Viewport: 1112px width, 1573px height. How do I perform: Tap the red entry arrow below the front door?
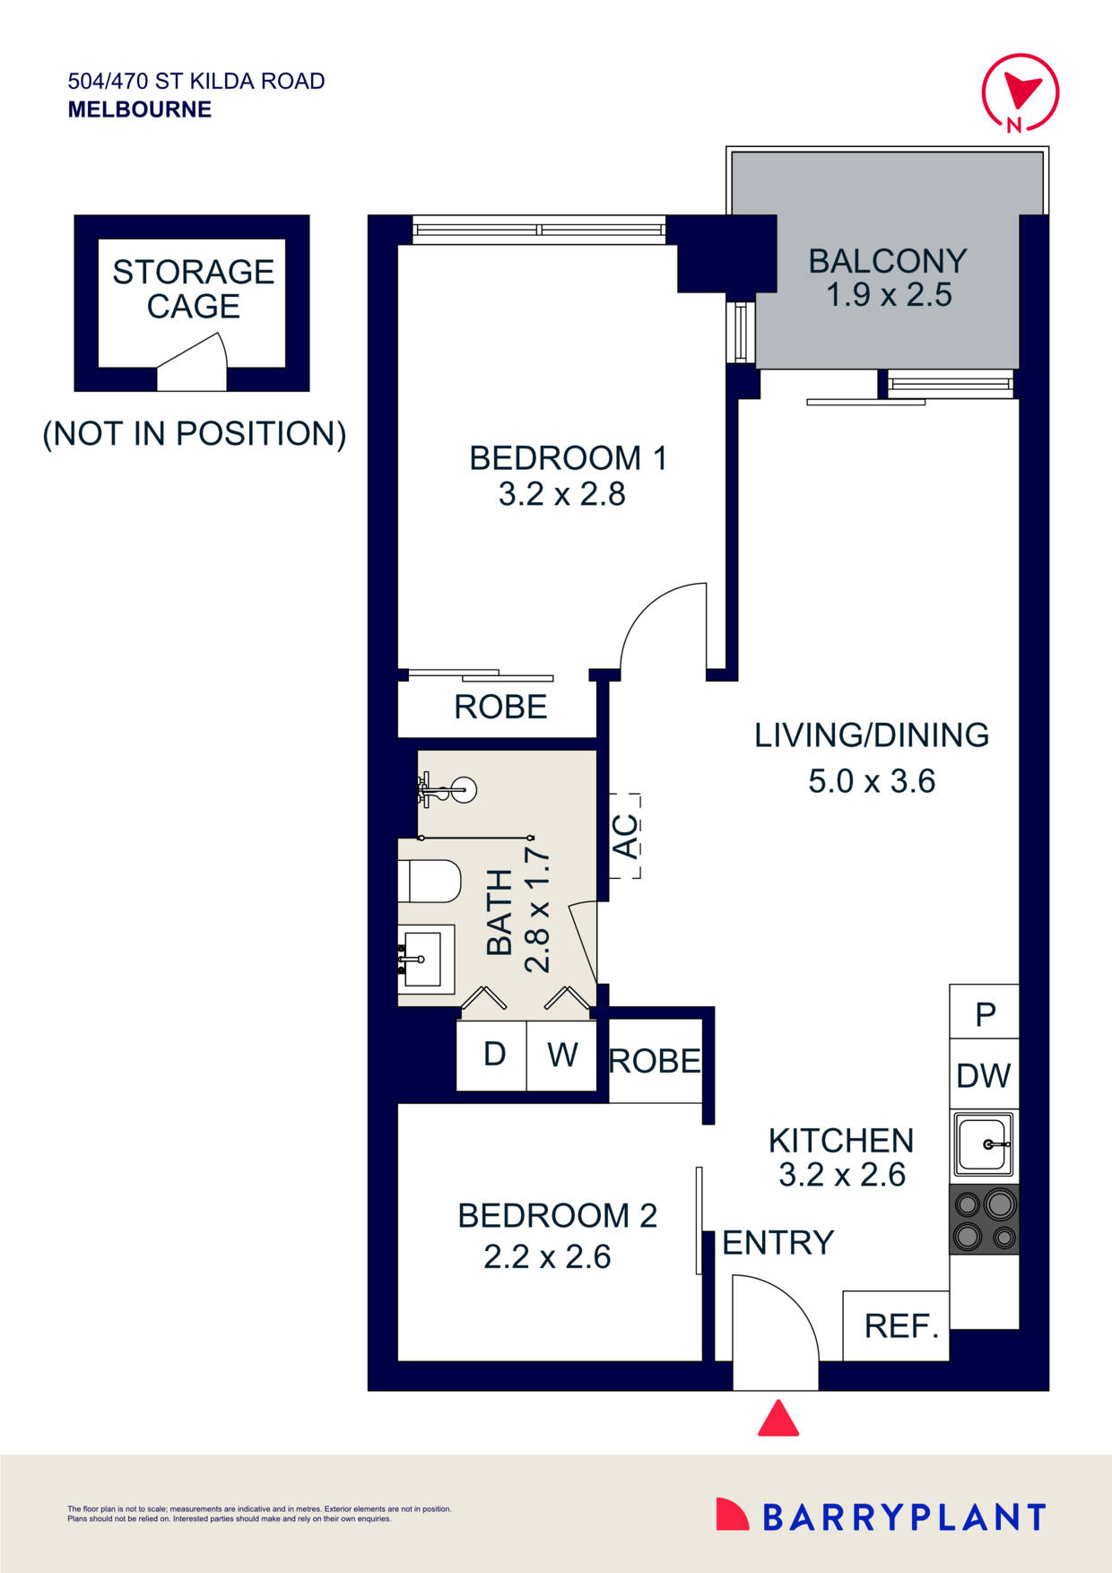pyautogui.click(x=778, y=1420)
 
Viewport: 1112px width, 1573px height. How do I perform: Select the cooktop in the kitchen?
pyautogui.click(x=984, y=1219)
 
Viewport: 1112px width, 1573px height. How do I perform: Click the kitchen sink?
pyautogui.click(x=983, y=1144)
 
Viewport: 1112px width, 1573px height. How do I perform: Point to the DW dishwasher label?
pyautogui.click(x=983, y=1075)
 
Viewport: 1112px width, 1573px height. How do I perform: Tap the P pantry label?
pyautogui.click(x=985, y=1014)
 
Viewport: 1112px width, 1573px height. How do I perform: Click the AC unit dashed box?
pyautogui.click(x=625, y=836)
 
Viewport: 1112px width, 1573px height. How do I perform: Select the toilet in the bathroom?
pyautogui.click(x=430, y=881)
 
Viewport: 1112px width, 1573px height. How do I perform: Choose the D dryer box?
pyautogui.click(x=493, y=1055)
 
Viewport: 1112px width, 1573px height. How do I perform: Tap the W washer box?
pyautogui.click(x=562, y=1055)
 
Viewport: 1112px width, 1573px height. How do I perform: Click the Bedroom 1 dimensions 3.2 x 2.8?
pyautogui.click(x=561, y=494)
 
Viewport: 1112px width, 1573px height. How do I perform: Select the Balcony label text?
pyautogui.click(x=887, y=261)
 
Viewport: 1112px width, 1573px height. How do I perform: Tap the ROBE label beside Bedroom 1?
pyautogui.click(x=500, y=708)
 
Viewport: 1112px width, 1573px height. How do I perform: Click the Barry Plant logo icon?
pyautogui.click(x=732, y=1515)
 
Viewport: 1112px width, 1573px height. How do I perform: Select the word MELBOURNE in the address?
pyautogui.click(x=140, y=110)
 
